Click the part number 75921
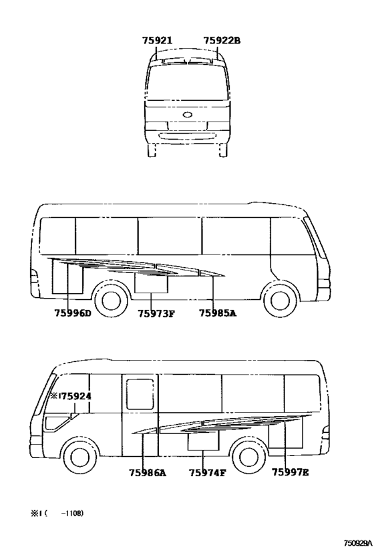point(157,41)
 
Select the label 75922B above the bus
point(222,41)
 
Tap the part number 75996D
point(73,313)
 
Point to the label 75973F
point(156,314)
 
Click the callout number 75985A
point(218,313)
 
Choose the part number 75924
point(76,396)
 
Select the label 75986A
point(148,473)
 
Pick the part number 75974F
point(208,473)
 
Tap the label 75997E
point(291,472)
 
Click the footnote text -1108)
point(72,513)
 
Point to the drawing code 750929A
point(358,543)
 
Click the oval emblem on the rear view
point(188,114)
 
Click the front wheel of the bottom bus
point(79,456)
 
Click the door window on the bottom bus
point(140,394)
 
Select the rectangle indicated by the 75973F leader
point(151,283)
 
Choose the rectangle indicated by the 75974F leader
point(204,440)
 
